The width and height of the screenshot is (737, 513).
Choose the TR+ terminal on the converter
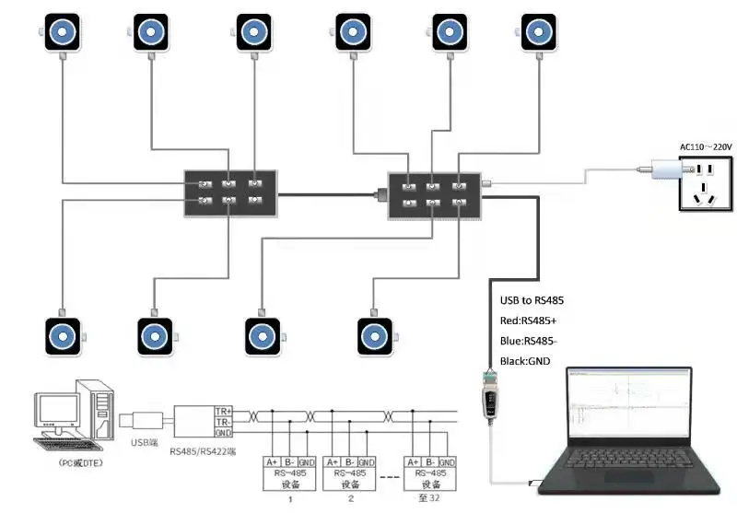click(x=223, y=410)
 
